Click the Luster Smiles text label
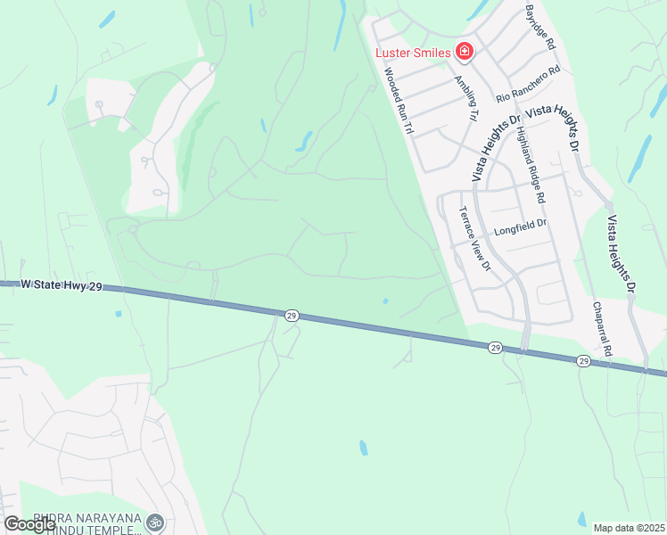tap(412, 53)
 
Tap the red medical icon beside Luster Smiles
tap(464, 52)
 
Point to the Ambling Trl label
tap(465, 97)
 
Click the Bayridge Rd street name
tap(540, 27)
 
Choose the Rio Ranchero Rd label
tap(528, 82)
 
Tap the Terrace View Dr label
tap(474, 238)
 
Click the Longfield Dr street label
tap(519, 226)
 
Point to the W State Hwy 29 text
tap(55, 283)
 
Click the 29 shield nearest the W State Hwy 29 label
tap(292, 316)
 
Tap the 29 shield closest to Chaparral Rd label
tap(583, 360)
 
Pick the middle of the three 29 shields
tap(496, 348)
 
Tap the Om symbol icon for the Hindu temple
tap(154, 521)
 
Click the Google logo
tap(30, 524)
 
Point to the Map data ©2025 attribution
tap(629, 528)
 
